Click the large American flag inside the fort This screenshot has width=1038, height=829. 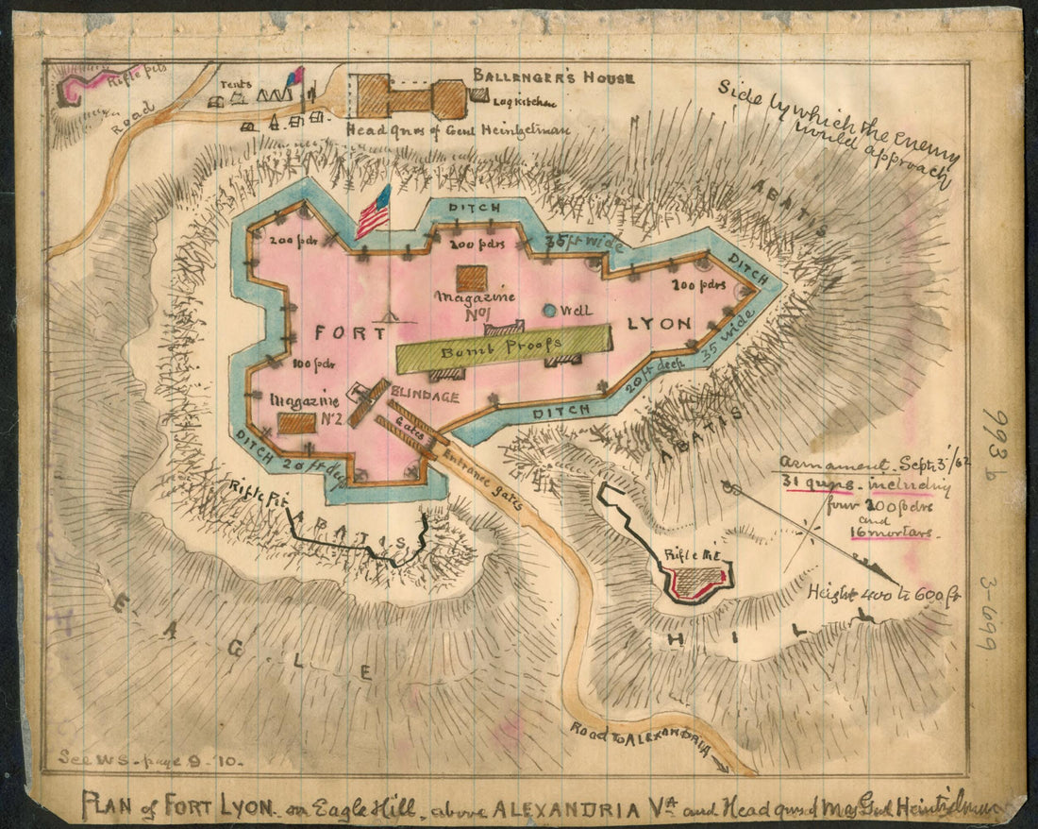point(374,212)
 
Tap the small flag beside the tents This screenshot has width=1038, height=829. point(296,76)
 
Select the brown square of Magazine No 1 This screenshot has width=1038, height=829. point(472,279)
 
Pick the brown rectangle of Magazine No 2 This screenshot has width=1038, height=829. point(296,422)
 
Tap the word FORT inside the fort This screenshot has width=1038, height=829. point(349,333)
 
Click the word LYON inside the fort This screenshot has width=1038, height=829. point(660,324)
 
